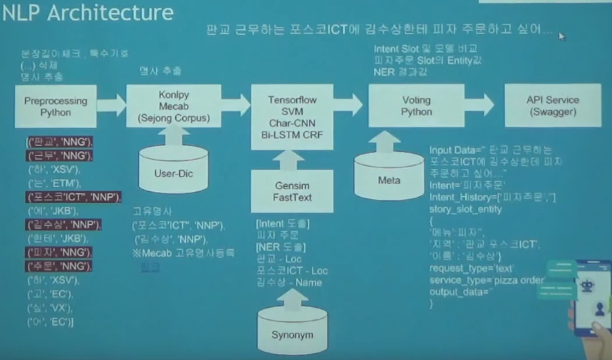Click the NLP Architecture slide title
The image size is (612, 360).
[88, 13]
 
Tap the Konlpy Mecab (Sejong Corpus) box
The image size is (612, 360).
[173, 106]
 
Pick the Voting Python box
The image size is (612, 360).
[416, 106]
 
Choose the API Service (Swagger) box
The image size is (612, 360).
[553, 106]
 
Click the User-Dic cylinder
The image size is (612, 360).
[174, 170]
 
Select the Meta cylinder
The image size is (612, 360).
[388, 176]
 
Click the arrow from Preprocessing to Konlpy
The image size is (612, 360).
[111, 105]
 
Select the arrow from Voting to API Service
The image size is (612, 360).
[479, 105]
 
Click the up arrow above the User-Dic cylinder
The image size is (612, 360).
[174, 136]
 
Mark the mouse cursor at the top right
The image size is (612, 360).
[562, 37]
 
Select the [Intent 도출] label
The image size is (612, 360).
[283, 223]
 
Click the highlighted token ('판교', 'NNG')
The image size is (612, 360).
[60, 142]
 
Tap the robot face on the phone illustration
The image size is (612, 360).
[588, 286]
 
